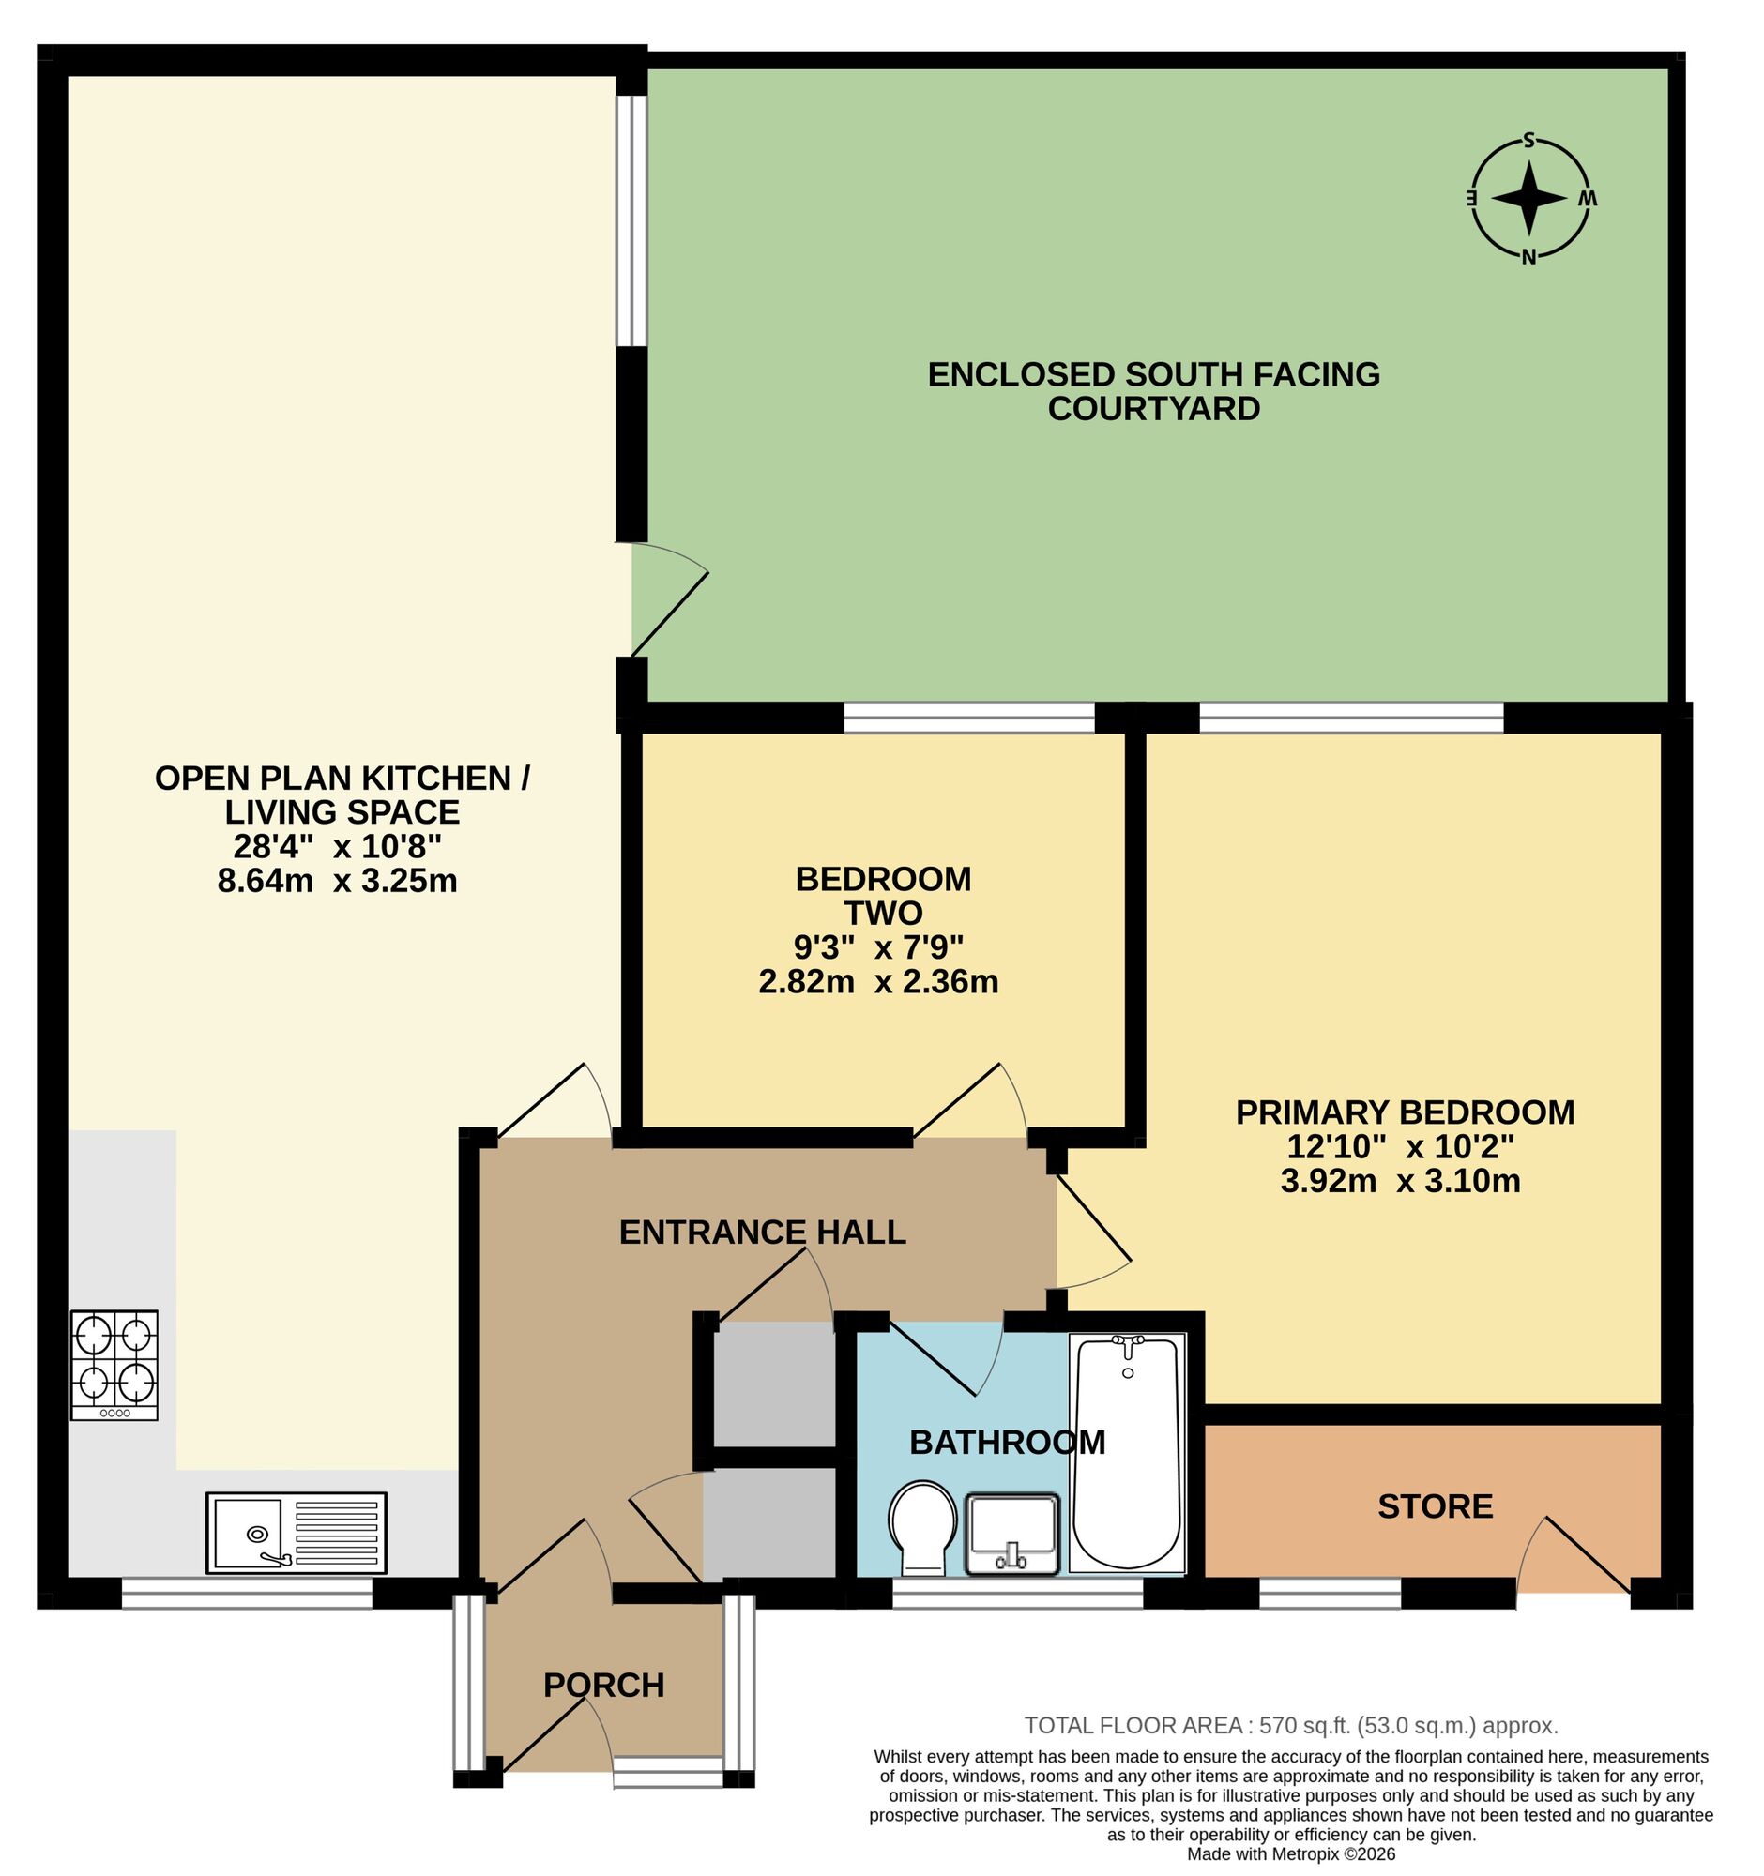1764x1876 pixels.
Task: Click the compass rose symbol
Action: pos(1529,199)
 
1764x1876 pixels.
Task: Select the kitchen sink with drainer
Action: pos(297,1533)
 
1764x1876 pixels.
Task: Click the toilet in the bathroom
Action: pos(923,1528)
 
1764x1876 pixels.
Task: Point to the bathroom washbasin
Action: pos(1011,1534)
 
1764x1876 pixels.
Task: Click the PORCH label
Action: pos(604,1685)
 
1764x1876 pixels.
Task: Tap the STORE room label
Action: pos(1436,1506)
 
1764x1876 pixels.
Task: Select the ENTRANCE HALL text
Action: pos(763,1232)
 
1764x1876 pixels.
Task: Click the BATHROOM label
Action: pos(1007,1442)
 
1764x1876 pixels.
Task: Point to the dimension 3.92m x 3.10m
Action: pos(1401,1181)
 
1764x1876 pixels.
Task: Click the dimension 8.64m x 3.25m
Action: pos(337,881)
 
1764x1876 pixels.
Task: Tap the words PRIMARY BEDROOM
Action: pos(1406,1112)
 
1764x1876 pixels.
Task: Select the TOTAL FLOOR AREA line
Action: pos(1291,1726)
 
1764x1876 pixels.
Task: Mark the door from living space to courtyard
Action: pos(668,600)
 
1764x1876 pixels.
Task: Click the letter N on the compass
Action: pos(1529,256)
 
